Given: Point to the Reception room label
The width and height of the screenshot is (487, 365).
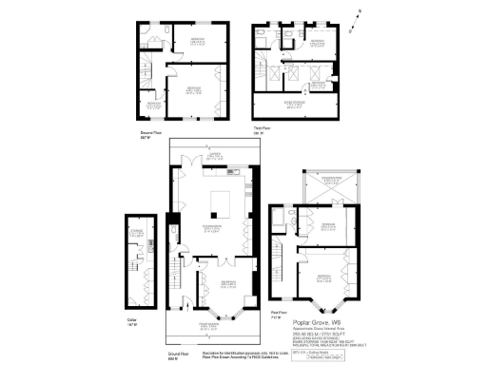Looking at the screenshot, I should click(x=228, y=282).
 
